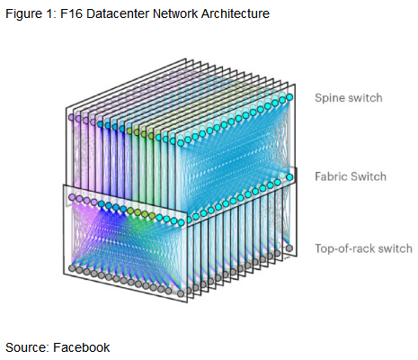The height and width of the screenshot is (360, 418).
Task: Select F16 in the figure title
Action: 71,13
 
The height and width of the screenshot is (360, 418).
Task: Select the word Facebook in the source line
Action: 82,347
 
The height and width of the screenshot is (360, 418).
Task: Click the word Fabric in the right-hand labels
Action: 331,176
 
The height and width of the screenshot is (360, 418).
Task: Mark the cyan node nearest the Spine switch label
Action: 289,97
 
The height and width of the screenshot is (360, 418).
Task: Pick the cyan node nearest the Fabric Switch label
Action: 289,177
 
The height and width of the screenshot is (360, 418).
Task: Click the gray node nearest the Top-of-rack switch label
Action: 289,248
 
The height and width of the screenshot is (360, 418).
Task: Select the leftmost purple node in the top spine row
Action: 71,117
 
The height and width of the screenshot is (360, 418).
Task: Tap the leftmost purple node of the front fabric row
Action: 72,197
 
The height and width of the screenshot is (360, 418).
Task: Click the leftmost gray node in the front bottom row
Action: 72,268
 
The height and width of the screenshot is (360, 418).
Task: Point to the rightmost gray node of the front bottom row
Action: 181,293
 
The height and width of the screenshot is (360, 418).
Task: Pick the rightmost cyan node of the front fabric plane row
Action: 181,222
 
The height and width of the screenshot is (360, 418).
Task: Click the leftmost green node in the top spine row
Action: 129,130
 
